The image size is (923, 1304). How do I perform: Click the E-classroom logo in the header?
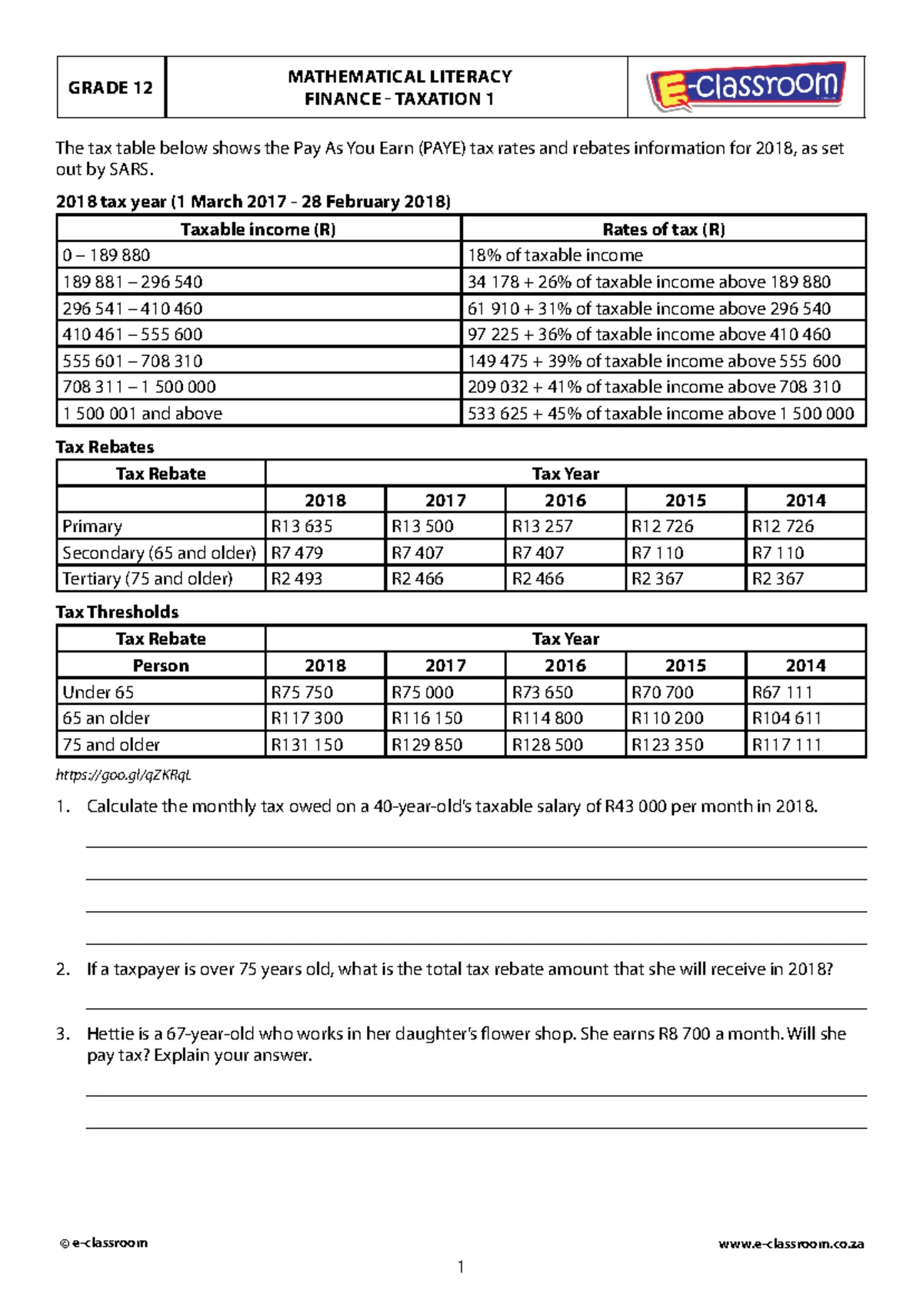click(x=746, y=87)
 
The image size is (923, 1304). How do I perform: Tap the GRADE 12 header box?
click(x=111, y=88)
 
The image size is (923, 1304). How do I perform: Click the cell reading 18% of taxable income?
click(x=555, y=255)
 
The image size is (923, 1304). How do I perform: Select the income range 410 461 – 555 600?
click(x=132, y=334)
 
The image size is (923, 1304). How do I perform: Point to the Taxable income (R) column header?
click(x=258, y=229)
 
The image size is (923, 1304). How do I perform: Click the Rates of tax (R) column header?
click(x=663, y=229)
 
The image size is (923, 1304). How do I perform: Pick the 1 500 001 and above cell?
click(x=142, y=414)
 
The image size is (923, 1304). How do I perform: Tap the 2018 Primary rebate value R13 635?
click(x=302, y=527)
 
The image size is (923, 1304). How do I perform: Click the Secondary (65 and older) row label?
click(x=159, y=553)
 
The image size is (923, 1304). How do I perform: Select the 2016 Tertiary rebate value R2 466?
click(x=538, y=579)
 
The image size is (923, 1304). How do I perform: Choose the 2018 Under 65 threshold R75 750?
click(x=302, y=693)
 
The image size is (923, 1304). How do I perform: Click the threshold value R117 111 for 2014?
click(x=787, y=745)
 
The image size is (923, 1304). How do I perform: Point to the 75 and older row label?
click(x=112, y=745)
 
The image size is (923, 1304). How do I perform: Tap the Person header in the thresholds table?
click(x=161, y=666)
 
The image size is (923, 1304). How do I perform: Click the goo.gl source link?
click(x=123, y=775)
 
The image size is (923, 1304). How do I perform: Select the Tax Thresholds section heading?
click(x=117, y=612)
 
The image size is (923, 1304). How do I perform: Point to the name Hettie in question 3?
click(x=110, y=1034)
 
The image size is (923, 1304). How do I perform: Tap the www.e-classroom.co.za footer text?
click(x=791, y=1243)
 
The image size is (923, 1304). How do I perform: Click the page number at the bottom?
click(x=461, y=1266)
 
